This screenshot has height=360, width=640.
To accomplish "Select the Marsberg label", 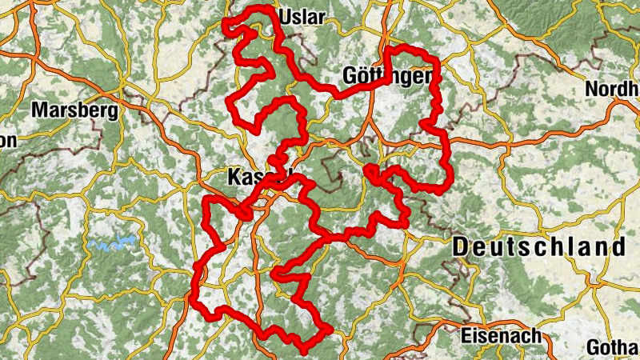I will tap(74, 110).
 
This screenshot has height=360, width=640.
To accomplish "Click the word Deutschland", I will tap(538, 246).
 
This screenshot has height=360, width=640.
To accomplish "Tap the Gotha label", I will tap(612, 348).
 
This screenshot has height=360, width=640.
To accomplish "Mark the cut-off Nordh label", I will tap(612, 89).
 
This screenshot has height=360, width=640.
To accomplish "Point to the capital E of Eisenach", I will tap(466, 336).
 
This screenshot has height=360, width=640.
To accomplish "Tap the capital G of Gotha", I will tap(593, 348).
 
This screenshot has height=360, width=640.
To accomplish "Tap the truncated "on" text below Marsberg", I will tap(6, 141).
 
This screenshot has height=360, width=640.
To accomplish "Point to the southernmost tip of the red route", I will tap(304, 350).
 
